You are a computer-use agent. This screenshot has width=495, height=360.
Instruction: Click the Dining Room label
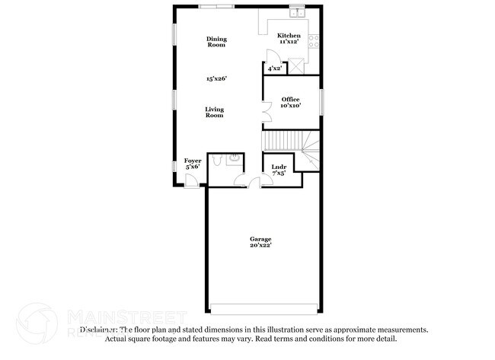[x=216, y=42]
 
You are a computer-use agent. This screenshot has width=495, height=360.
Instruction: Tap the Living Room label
[x=214, y=112]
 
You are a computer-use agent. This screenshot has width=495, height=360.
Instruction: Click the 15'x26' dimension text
[x=216, y=78]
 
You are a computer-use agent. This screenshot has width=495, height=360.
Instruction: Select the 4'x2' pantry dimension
[x=275, y=68]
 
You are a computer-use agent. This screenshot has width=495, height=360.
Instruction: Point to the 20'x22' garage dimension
[x=260, y=246]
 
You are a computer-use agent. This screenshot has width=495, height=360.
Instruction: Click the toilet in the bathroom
[x=217, y=160]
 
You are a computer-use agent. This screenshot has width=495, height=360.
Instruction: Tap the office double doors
[x=265, y=113]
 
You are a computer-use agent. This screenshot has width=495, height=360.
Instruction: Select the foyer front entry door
[x=193, y=181]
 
